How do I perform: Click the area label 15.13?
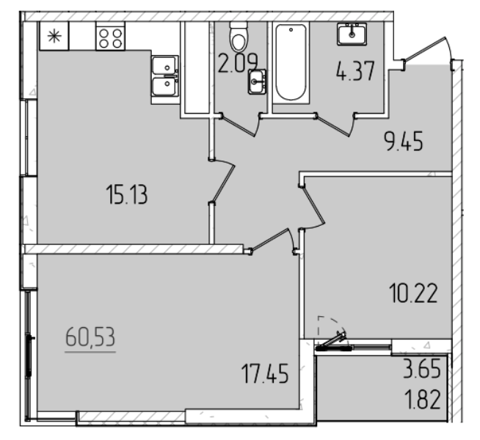127,195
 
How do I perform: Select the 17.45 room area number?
265,373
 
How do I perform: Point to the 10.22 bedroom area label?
413,293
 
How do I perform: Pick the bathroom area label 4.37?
355,71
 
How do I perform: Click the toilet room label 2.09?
238,64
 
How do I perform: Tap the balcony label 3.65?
422,369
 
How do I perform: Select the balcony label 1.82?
423,400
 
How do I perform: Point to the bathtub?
291,62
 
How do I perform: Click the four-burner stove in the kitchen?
110,38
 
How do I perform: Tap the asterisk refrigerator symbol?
54,36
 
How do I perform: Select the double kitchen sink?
165,76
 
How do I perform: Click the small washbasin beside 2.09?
257,81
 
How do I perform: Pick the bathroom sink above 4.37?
352,34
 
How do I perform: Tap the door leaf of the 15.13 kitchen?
223,182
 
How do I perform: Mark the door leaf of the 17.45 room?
269,241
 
